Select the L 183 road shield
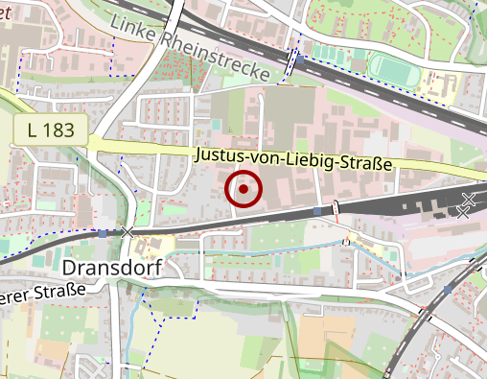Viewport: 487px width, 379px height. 52,130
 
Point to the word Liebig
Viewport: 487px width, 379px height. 316,160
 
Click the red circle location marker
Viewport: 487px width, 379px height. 244,189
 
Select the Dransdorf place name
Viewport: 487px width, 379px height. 109,266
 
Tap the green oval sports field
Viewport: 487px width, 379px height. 394,69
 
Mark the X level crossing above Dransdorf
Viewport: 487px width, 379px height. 127,232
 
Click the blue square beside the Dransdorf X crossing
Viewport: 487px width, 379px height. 103,233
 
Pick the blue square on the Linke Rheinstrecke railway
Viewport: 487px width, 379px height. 300,59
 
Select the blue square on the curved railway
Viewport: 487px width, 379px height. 448,289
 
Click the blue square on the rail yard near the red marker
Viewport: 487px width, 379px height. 317,209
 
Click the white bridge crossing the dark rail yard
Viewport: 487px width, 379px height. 336,207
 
